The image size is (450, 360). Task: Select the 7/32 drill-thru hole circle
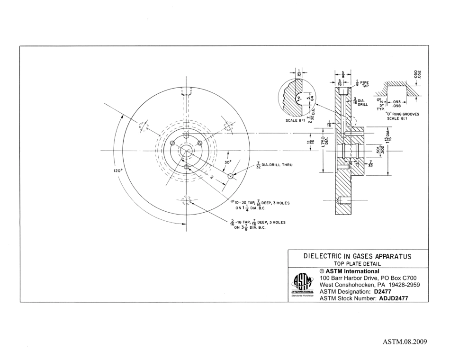click(231, 176)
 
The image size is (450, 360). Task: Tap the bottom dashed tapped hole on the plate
click(185, 201)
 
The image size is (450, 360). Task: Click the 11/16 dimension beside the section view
click(310, 140)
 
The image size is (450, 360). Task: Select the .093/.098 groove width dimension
click(398, 104)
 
